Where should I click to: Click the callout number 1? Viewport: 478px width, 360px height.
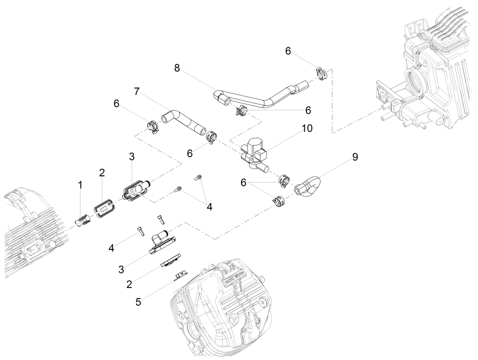pyautogui.click(x=80, y=185)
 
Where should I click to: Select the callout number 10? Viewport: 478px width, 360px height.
pyautogui.click(x=307, y=128)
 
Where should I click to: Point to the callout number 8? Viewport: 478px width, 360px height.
pyautogui.click(x=177, y=68)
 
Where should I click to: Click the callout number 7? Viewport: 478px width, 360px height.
pyautogui.click(x=137, y=91)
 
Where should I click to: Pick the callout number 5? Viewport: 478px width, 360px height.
pyautogui.click(x=138, y=302)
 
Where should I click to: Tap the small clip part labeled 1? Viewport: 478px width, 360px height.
pyautogui.click(x=83, y=221)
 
